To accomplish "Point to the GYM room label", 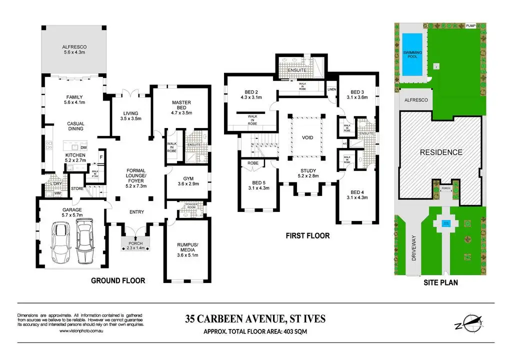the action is click(181, 178).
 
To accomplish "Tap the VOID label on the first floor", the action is click(307, 137).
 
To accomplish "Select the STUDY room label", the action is click(307, 172).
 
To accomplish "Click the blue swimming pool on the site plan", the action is click(412, 53).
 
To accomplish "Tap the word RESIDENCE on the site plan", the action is click(440, 152).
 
